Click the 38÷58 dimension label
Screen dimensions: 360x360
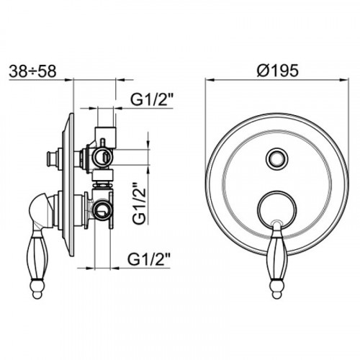[32, 71]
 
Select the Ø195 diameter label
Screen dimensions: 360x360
[278, 71]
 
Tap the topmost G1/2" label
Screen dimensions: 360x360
[152, 99]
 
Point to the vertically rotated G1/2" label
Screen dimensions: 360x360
[139, 203]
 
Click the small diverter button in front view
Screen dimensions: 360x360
[277, 158]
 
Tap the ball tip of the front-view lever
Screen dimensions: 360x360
[277, 292]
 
